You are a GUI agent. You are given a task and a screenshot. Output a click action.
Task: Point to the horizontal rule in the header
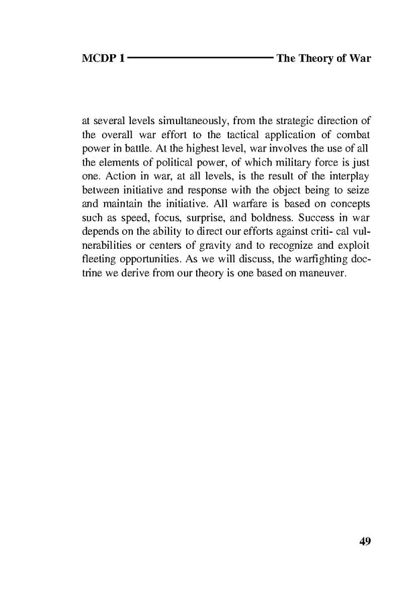pos(200,58)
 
